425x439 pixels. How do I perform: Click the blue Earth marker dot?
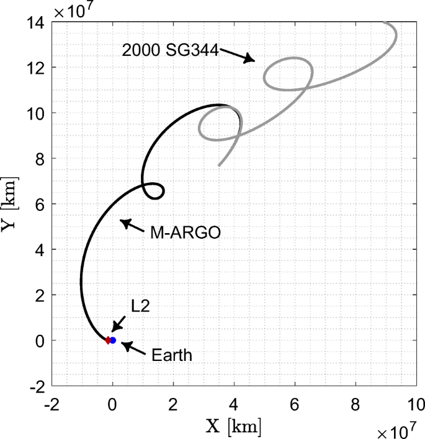coord(113,340)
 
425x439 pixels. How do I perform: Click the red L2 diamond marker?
coord(108,340)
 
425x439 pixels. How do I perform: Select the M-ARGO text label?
coord(186,233)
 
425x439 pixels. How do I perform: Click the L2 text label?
coord(140,306)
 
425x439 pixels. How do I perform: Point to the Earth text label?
coord(171,356)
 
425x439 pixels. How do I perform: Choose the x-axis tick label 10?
coord(415,404)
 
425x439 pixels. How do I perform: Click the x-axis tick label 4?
coord(234,404)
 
